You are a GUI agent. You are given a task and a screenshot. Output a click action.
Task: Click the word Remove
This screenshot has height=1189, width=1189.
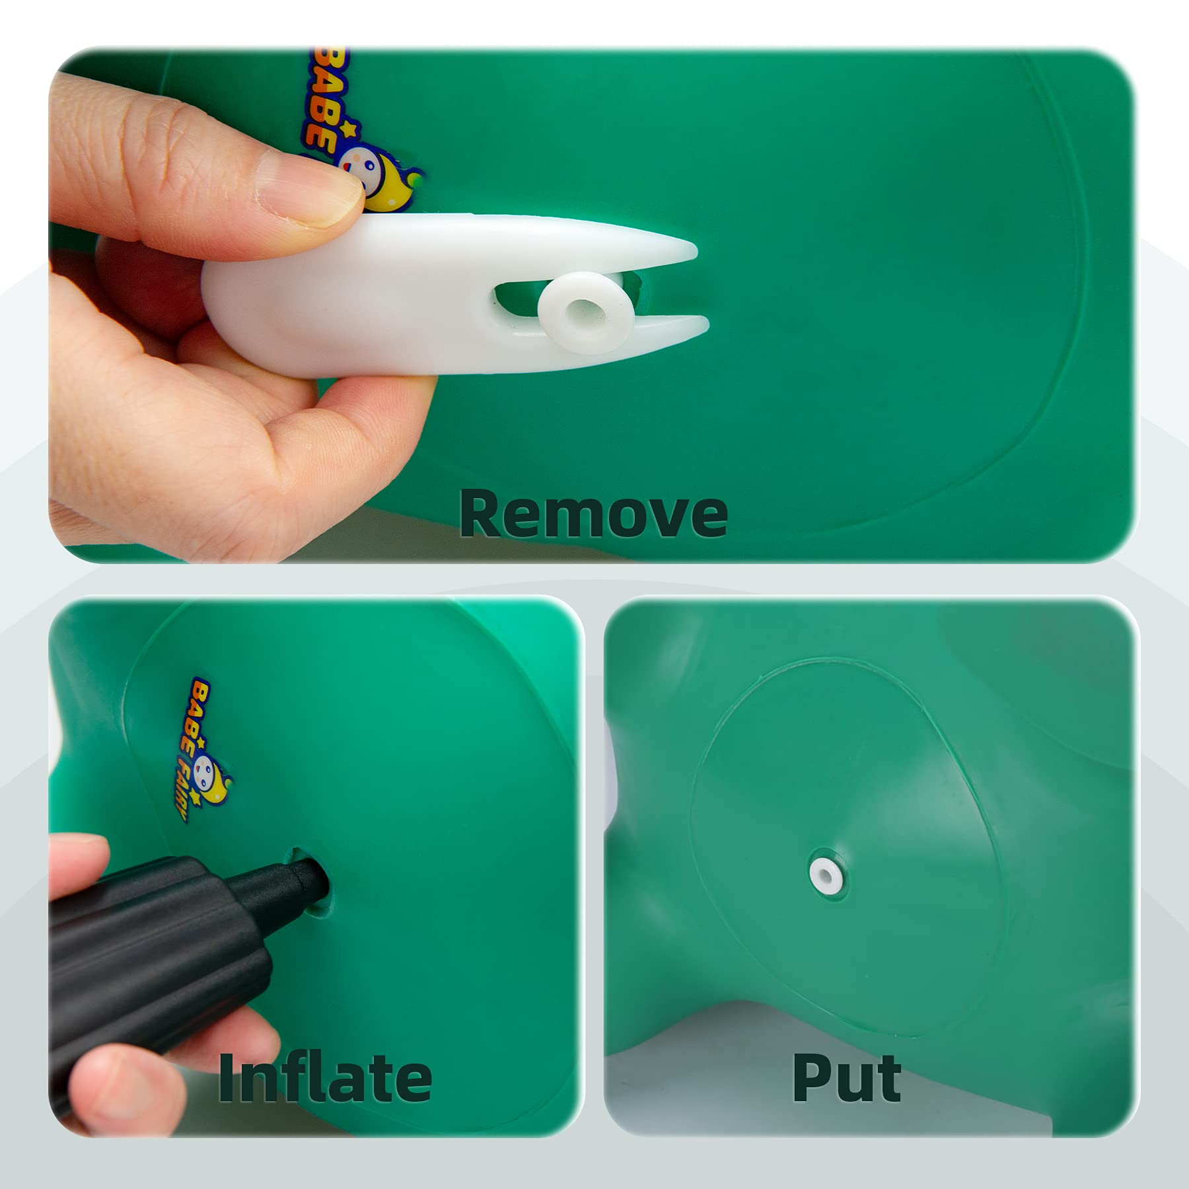pos(593,513)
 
